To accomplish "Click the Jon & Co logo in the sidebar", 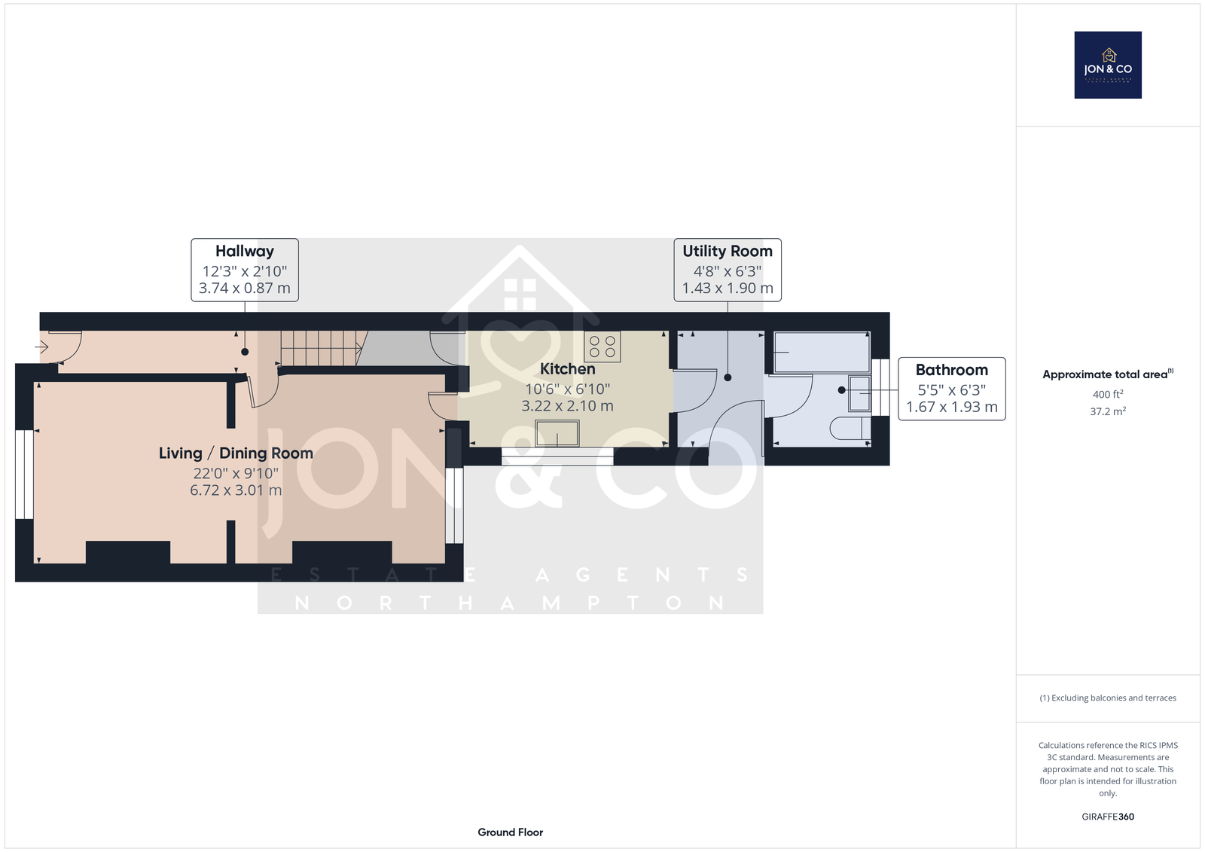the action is point(1108,65).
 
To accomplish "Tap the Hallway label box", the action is point(245,270).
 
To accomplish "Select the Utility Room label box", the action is point(728,270).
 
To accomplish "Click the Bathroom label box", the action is point(952,389).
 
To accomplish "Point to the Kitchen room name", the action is point(568,368).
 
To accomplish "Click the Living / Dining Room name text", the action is point(236,453).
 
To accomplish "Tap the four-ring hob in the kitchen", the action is point(602,347).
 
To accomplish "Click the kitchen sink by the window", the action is point(557,433).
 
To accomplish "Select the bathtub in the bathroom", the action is point(822,353).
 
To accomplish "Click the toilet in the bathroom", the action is point(850,429).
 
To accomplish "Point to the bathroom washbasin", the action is point(859,393).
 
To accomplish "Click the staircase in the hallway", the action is point(324,348).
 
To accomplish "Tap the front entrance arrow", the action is point(41,347).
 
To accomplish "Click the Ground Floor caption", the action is point(511,832).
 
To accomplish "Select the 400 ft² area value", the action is point(1108,394).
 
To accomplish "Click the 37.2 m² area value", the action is point(1108,411).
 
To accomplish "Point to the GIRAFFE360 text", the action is point(1108,817).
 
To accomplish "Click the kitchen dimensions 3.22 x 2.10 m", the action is point(568,406).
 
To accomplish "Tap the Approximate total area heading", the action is point(1108,374).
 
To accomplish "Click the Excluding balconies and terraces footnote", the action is point(1108,698).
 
